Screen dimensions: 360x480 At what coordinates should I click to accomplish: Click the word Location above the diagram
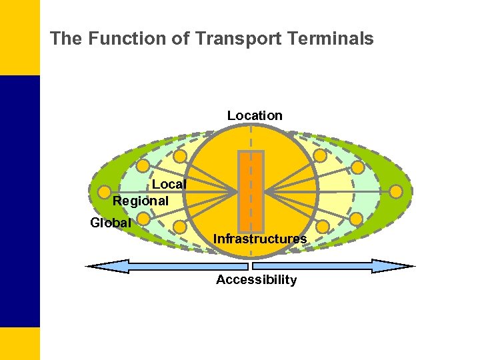[255, 115]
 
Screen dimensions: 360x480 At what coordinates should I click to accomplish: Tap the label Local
[169, 184]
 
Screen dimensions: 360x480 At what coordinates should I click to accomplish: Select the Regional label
[141, 200]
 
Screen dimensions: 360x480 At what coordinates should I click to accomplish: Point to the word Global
[111, 223]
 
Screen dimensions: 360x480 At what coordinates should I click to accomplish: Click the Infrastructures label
[260, 239]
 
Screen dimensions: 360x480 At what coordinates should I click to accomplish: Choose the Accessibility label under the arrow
[256, 280]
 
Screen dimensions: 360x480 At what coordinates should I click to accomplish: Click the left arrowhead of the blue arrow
[100, 266]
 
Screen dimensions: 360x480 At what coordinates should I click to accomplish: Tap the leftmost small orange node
[103, 192]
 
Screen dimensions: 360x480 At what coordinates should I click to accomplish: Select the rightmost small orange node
[396, 192]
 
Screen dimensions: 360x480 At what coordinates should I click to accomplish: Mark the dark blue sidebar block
[19, 200]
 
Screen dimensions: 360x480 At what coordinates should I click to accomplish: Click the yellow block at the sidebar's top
[19, 37]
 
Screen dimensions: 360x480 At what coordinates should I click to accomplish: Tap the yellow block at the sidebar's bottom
[19, 343]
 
